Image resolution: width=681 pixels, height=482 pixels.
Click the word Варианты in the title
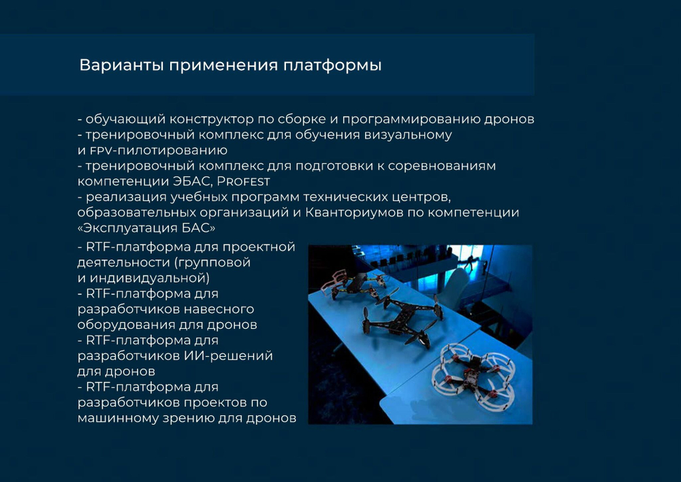tap(121, 65)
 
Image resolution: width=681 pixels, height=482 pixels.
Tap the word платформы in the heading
tap(333, 65)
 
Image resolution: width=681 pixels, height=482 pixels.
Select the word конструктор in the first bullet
tap(211, 119)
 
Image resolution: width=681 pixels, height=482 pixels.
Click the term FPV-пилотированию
tap(159, 150)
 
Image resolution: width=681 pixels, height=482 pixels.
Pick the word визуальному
tap(408, 135)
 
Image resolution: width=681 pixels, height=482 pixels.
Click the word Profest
tap(243, 181)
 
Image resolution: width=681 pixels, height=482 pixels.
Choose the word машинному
tap(118, 418)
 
